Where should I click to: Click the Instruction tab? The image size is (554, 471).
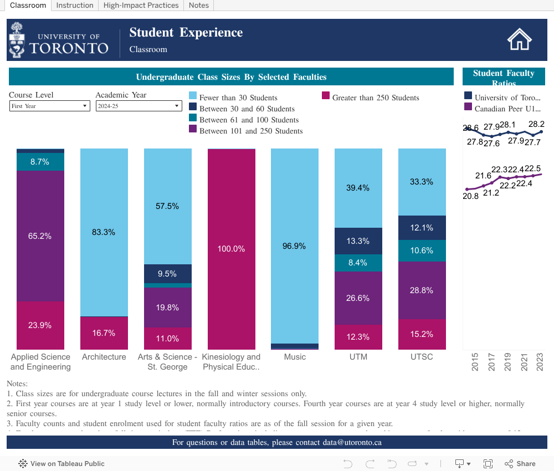tap(75, 5)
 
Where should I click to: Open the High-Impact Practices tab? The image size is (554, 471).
tap(141, 5)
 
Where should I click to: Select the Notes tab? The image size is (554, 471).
tap(198, 5)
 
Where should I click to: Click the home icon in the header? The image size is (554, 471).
tap(520, 40)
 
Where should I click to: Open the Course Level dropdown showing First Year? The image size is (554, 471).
tap(49, 106)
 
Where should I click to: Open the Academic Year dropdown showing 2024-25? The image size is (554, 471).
tap(138, 106)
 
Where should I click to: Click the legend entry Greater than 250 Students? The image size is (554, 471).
tap(376, 98)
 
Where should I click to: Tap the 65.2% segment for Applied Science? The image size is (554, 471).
tap(40, 236)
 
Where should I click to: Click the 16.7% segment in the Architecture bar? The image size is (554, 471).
tap(104, 333)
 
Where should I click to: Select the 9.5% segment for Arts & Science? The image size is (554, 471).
tap(167, 274)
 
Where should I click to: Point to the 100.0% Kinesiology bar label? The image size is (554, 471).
tap(231, 249)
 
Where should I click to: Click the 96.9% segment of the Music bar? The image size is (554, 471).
tap(294, 246)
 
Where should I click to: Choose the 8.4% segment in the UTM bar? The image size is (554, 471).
tap(358, 263)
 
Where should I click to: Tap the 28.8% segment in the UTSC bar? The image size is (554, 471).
tap(422, 290)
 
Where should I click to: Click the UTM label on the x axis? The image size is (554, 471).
tap(358, 357)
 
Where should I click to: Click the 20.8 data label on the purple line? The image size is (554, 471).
tap(470, 196)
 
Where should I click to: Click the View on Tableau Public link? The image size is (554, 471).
tap(61, 464)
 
